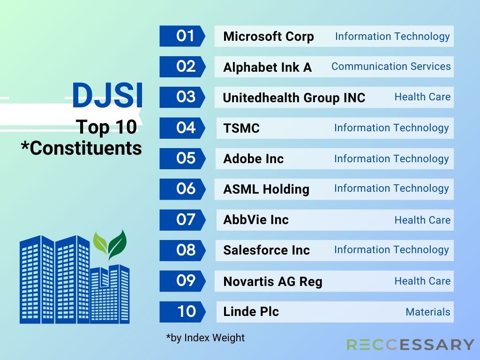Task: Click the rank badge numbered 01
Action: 182,36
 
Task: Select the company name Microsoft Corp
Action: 269,37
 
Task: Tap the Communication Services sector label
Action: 391,67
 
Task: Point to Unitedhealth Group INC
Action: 294,97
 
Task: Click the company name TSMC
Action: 241,128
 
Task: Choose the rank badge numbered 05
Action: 182,158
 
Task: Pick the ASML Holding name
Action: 266,189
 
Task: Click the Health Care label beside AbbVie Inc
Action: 422,220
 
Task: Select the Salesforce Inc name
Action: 267,250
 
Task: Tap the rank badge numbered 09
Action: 182,281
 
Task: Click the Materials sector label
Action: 428,312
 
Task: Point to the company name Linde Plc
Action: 251,312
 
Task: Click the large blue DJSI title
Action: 107,95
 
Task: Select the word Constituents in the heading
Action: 86,149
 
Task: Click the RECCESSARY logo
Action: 410,345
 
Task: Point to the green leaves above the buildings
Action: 110,244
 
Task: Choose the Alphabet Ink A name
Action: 268,67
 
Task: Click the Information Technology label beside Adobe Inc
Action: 391,158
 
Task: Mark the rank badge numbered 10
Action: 182,312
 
